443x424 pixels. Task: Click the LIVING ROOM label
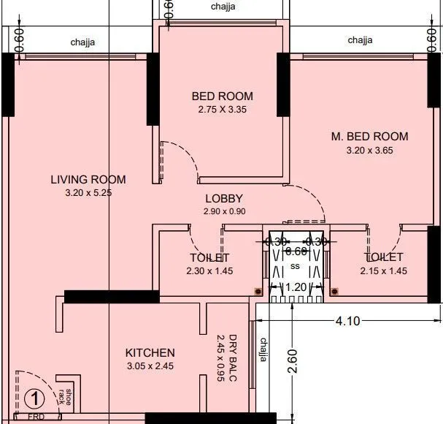coord(88,179)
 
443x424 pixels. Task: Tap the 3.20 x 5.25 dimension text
coord(88,193)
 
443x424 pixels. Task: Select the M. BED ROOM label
coord(369,137)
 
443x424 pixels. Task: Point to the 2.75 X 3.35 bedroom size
coord(223,110)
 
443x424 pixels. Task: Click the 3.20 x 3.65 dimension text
coord(369,151)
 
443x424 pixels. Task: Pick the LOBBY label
coord(223,199)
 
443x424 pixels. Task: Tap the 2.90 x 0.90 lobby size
coord(223,212)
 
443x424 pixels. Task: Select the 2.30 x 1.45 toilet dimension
coord(209,270)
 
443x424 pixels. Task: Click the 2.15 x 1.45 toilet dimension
coord(383,270)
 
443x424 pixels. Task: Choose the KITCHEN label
coord(150,352)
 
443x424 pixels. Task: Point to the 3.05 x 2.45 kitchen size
coord(150,366)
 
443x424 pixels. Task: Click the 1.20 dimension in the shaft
coord(296,287)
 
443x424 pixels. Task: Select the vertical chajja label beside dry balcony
coord(263,349)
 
